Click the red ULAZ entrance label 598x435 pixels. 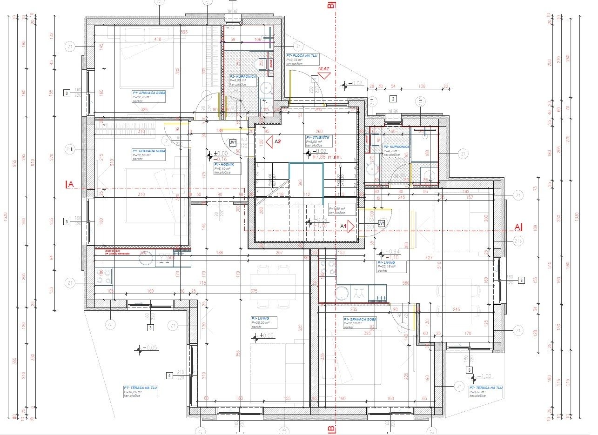(323, 69)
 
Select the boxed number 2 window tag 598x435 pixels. (393, 99)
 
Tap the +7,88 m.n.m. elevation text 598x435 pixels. (328, 157)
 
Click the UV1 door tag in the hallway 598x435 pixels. (233, 142)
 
